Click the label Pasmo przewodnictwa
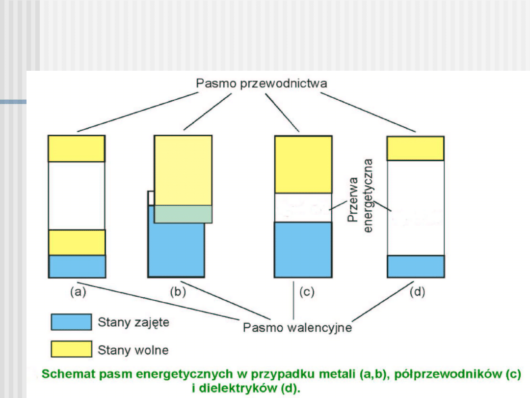tap(261, 83)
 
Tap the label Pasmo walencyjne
tap(297, 327)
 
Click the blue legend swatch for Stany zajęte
tap(71, 322)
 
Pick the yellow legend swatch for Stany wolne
tap(71, 349)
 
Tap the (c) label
tap(306, 292)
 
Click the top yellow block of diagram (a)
tap(77, 148)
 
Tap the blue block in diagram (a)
tap(77, 266)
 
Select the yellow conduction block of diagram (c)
tap(303, 164)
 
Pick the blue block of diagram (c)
tap(303, 250)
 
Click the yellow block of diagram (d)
tap(416, 148)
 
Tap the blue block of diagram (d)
tap(416, 266)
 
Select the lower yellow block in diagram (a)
tap(77, 242)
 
